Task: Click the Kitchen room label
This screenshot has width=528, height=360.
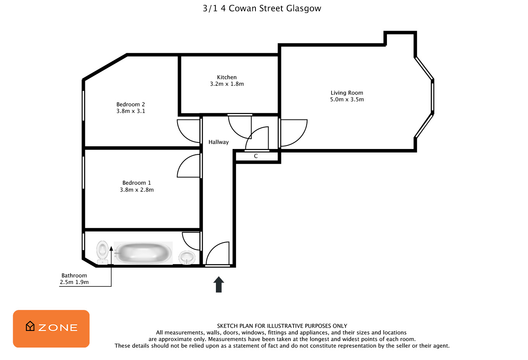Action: [x=226, y=77]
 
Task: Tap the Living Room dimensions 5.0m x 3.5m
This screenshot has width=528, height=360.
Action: [x=347, y=100]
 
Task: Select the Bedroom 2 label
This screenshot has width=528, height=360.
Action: [x=131, y=104]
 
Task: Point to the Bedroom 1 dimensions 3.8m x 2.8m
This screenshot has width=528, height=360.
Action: [x=137, y=190]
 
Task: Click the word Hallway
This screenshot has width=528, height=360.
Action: [x=219, y=142]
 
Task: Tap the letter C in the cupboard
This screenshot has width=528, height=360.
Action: [x=256, y=156]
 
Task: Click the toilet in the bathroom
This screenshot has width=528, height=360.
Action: [x=102, y=253]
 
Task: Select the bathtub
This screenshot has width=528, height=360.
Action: [x=143, y=253]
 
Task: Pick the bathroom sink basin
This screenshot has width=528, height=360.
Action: [x=187, y=257]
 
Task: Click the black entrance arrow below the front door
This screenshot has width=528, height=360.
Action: [x=219, y=284]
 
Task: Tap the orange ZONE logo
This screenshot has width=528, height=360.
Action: [x=51, y=329]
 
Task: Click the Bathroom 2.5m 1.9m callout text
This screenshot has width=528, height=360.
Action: [x=74, y=279]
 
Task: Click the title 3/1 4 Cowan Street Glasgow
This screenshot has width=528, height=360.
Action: [x=262, y=9]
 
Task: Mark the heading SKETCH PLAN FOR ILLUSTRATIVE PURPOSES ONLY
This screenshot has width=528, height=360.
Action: [x=282, y=326]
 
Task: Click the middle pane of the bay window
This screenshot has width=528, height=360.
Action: [x=433, y=97]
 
